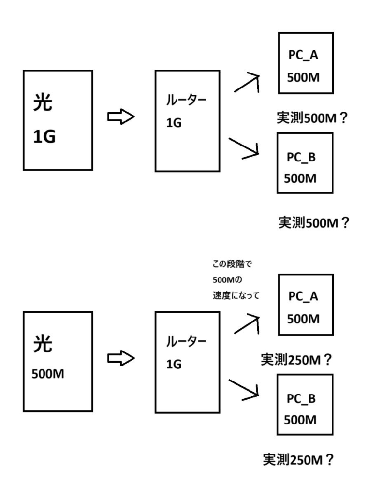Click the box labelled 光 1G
58,120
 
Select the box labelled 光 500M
58,361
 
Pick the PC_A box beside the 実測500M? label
306,63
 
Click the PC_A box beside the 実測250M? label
306,305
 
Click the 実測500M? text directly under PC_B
313,223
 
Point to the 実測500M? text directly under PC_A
313,119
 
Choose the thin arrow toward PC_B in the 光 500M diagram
245,390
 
